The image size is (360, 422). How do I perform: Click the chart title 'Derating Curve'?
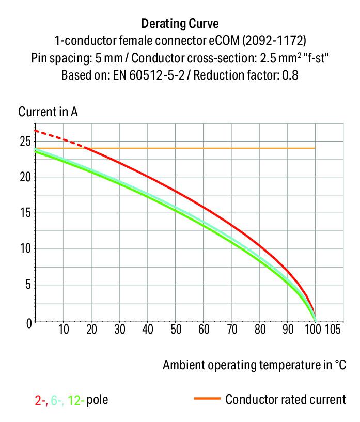point(180,23)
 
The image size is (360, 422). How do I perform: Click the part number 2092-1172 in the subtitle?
point(277,40)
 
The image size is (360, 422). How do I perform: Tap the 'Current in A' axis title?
point(48,112)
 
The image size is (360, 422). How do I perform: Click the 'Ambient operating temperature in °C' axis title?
point(254,365)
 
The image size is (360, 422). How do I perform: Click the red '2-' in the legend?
point(40,399)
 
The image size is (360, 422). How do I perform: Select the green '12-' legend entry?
point(75,399)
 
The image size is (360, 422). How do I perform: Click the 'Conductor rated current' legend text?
point(286,399)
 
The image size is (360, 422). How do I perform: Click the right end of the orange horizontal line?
point(314,148)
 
